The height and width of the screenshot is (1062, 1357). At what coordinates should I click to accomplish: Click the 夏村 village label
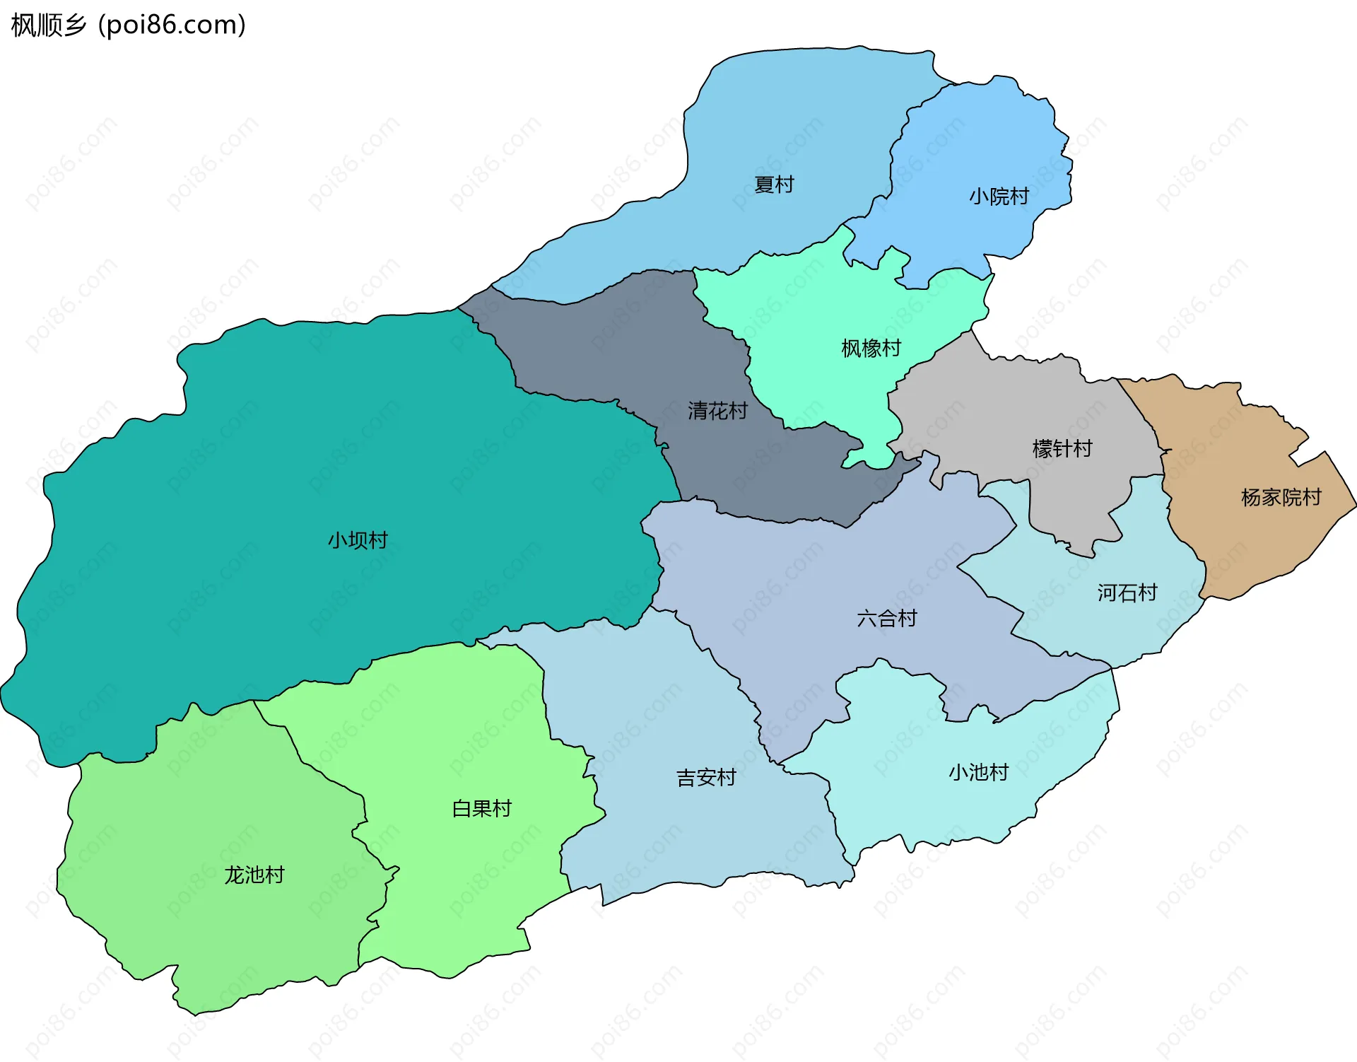pos(774,185)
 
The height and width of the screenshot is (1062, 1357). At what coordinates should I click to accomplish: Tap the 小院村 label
pos(999,196)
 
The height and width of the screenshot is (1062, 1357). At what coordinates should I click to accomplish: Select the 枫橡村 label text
pos(871,348)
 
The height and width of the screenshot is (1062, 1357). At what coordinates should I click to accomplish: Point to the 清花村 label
pos(717,410)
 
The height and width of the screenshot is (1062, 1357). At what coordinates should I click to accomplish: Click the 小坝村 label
pos(358,540)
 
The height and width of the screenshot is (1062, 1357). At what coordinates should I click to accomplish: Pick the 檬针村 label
pos(1062,448)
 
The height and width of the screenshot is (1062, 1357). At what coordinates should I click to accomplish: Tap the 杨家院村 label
pos(1281,497)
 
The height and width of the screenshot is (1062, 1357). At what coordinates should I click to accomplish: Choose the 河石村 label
pos(1127,593)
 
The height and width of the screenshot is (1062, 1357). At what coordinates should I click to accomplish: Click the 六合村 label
pos(886,618)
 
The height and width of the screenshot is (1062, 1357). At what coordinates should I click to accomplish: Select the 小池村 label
pos(978,771)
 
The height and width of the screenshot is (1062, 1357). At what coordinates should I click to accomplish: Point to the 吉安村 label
pos(706,778)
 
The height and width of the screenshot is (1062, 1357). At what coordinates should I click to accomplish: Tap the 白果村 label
pos(481,808)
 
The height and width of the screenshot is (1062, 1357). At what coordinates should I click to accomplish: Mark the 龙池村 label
pos(254,875)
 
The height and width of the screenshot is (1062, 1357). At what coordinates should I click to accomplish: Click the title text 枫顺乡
pos(49,25)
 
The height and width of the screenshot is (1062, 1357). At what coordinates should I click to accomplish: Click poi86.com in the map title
pos(172,25)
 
